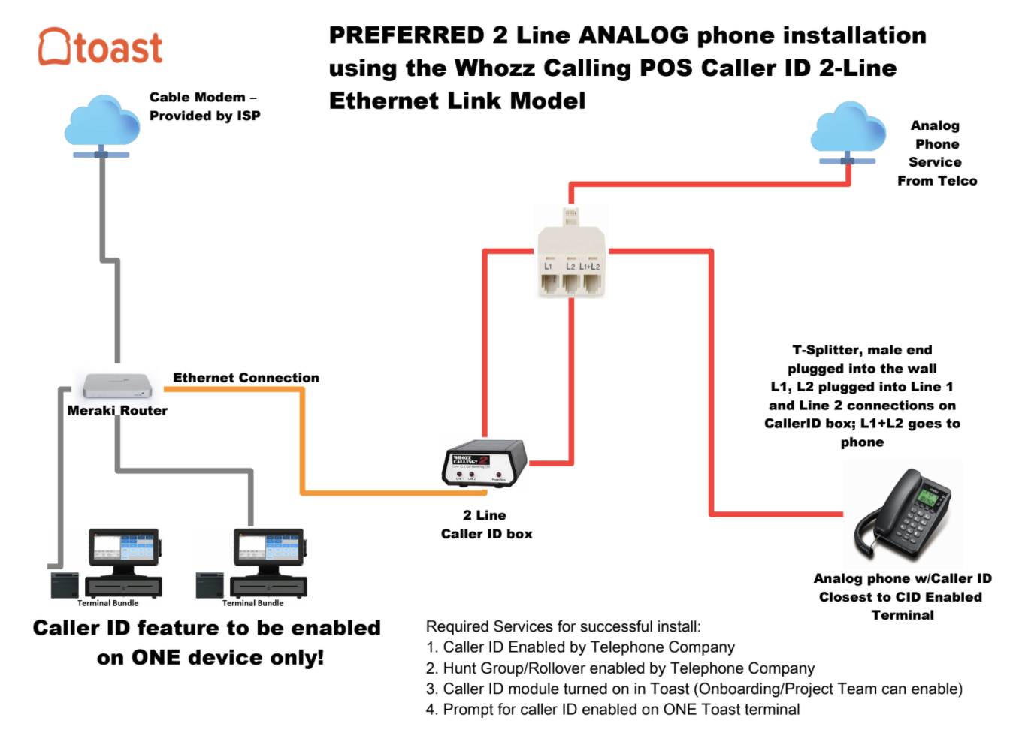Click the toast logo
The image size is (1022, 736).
[x=100, y=47]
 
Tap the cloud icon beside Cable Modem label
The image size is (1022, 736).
[x=101, y=122]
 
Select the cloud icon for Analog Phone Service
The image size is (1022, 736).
[x=848, y=128]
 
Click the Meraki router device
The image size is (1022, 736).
[x=117, y=385]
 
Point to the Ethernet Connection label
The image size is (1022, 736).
[x=246, y=378]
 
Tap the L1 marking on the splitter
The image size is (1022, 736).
[x=548, y=267]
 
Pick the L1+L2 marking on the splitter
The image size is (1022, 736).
[x=590, y=267]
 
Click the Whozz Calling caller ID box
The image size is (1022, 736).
[x=485, y=463]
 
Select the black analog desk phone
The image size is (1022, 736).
[x=903, y=514]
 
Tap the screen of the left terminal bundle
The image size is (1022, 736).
[x=125, y=548]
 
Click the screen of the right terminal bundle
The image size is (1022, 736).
[x=269, y=548]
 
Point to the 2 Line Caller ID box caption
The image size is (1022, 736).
[x=486, y=524]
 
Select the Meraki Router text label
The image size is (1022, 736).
[x=117, y=411]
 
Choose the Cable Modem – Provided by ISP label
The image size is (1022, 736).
[x=204, y=107]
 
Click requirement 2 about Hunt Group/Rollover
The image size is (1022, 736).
[x=620, y=668]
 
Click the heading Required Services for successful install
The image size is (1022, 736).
[x=563, y=626]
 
